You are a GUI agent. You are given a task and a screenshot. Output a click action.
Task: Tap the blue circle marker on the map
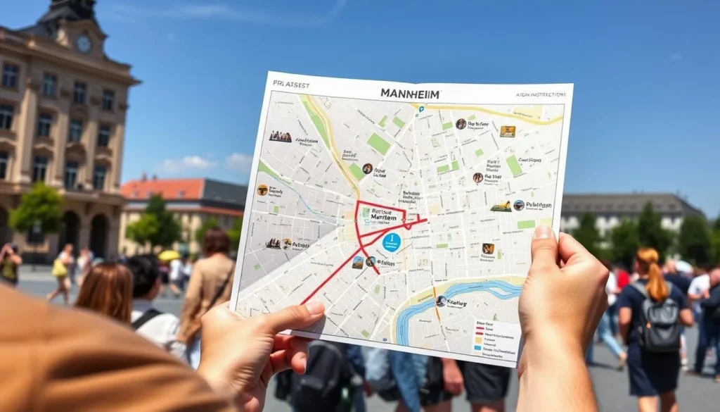pos(392,242)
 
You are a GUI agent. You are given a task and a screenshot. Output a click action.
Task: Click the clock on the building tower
pos(84,44)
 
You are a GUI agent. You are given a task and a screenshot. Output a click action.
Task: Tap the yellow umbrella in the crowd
pos(169,256)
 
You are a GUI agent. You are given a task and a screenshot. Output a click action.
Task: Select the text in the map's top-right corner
pos(539,95)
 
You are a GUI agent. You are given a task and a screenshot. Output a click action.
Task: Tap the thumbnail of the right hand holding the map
pos(544,233)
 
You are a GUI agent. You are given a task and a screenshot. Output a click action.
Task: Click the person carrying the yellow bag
pos(61,270)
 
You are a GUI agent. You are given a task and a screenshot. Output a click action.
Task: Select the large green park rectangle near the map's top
pos(378,144)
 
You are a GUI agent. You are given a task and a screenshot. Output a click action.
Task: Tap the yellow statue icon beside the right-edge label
pos(501,206)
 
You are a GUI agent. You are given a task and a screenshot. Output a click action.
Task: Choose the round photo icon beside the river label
pos(441,301)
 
